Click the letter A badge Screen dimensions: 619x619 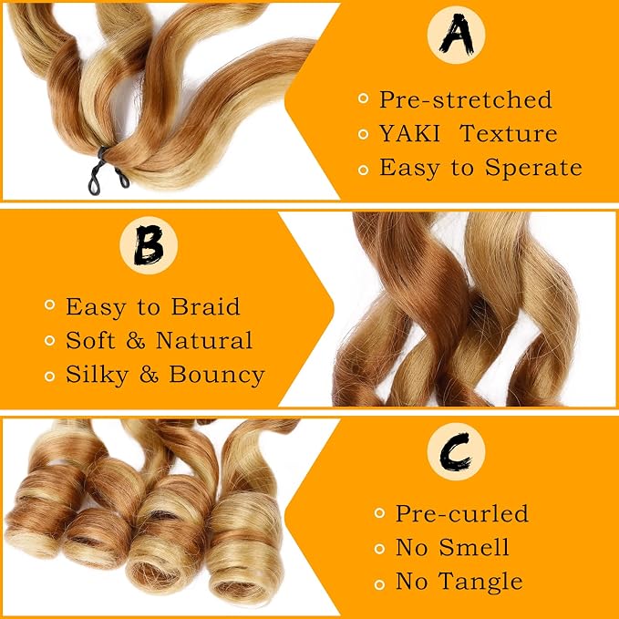pos(456,35)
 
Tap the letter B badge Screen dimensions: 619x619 pos(149,245)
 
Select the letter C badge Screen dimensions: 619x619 pos(456,451)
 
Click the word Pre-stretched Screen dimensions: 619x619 pos(466,99)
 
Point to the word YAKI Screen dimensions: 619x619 pos(409,133)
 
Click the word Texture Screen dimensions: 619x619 pos(509,133)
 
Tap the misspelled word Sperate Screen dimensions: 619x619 pos(533,168)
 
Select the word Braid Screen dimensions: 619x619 pos(206,306)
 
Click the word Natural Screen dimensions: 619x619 pos(204,340)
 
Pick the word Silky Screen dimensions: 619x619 pos(98,375)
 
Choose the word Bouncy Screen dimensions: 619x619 pos(217,375)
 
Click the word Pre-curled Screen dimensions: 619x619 pos(462,513)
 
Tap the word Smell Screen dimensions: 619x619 pos(474,547)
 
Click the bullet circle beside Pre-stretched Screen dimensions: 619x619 pos(363,98)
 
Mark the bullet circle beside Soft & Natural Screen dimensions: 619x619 pos(50,340)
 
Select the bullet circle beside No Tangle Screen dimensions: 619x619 pos(379,584)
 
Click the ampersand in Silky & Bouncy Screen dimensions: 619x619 pos(150,375)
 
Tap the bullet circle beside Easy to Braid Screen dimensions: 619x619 pos(50,304)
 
